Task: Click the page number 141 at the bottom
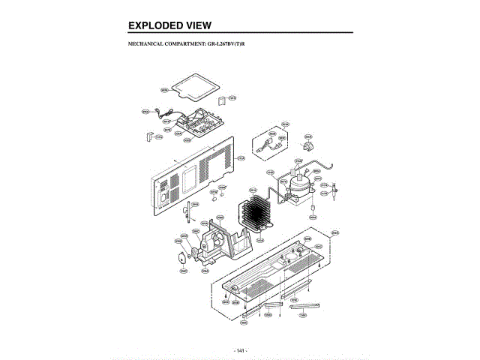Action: (240, 350)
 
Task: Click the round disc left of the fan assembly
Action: (182, 258)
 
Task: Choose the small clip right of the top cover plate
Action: (223, 100)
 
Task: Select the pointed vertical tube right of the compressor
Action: (331, 199)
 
